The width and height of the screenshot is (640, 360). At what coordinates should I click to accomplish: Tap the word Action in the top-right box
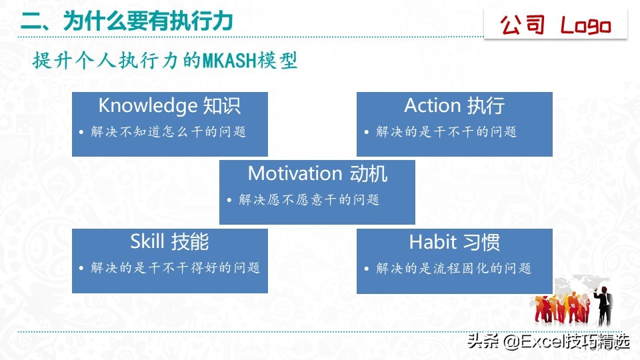[432, 105]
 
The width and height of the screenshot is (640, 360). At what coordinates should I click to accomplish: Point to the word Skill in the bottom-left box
[147, 241]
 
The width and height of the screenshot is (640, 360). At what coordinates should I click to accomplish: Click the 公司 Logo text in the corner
[555, 26]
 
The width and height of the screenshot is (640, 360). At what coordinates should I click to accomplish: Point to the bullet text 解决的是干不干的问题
[447, 132]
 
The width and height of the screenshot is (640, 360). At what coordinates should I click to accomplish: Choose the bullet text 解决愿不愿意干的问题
[309, 199]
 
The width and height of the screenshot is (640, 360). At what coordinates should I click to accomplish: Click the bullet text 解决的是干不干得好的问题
[175, 268]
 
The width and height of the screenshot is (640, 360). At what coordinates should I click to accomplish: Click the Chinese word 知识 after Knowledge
[221, 105]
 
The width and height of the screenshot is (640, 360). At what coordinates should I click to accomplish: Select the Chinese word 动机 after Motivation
[369, 173]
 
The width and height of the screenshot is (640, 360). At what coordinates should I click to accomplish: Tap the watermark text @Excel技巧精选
[566, 342]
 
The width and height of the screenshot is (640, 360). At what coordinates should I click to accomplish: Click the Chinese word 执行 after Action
[485, 105]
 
